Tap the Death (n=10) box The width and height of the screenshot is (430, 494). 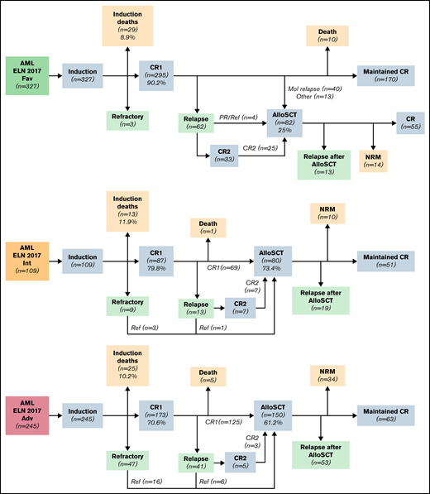pos(329,36)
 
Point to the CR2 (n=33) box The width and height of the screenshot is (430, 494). pos(222,154)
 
